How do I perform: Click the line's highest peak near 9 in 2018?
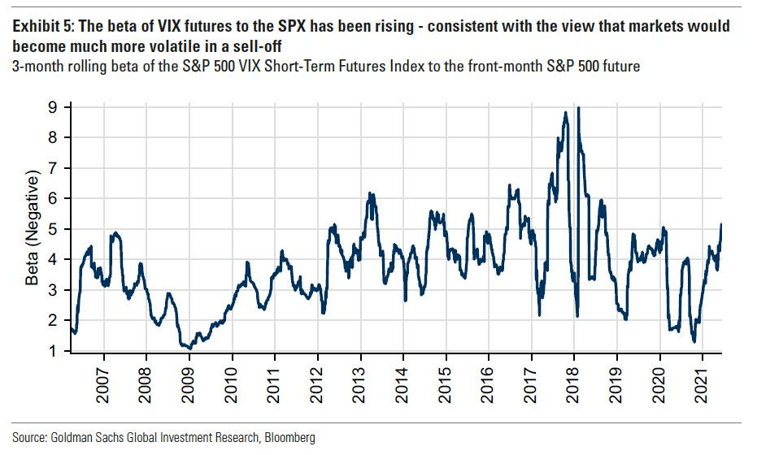[578, 107]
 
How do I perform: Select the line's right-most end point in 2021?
[721, 224]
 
